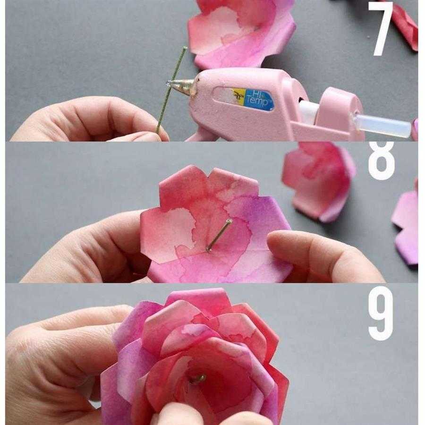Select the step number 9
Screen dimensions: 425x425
tap(381, 313)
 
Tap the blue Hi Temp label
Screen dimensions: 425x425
tap(259, 100)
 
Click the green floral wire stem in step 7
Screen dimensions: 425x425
tap(171, 89)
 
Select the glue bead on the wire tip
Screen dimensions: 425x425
tap(169, 84)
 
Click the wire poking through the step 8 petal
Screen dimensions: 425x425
tap(219, 235)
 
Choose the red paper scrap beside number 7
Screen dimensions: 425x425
tap(405, 26)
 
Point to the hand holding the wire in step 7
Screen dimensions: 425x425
tap(89, 119)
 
